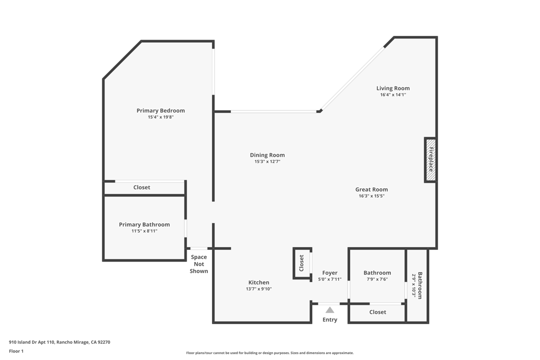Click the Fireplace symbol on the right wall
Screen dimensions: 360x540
[x=430, y=160]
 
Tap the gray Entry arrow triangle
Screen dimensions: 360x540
[x=330, y=310]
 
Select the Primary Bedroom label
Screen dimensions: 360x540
[x=160, y=111]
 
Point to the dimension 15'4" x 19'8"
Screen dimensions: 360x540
[x=160, y=118]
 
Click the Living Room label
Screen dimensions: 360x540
[x=393, y=89]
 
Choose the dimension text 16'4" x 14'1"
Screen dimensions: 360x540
[x=393, y=95]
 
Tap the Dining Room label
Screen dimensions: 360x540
[x=267, y=155]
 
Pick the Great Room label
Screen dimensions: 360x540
[x=371, y=189]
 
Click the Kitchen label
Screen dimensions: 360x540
[x=258, y=283]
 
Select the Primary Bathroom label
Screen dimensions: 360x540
[x=144, y=225]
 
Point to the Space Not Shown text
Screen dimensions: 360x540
[x=199, y=264]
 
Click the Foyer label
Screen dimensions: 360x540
[x=330, y=273]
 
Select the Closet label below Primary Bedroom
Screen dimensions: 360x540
[x=141, y=187]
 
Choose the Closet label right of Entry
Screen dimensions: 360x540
[x=378, y=312]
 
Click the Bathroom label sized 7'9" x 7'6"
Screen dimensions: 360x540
[x=377, y=273]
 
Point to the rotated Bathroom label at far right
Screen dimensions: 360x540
[x=420, y=285]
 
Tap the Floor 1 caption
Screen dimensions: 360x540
[x=16, y=351]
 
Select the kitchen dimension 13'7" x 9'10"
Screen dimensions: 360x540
[x=258, y=289]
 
